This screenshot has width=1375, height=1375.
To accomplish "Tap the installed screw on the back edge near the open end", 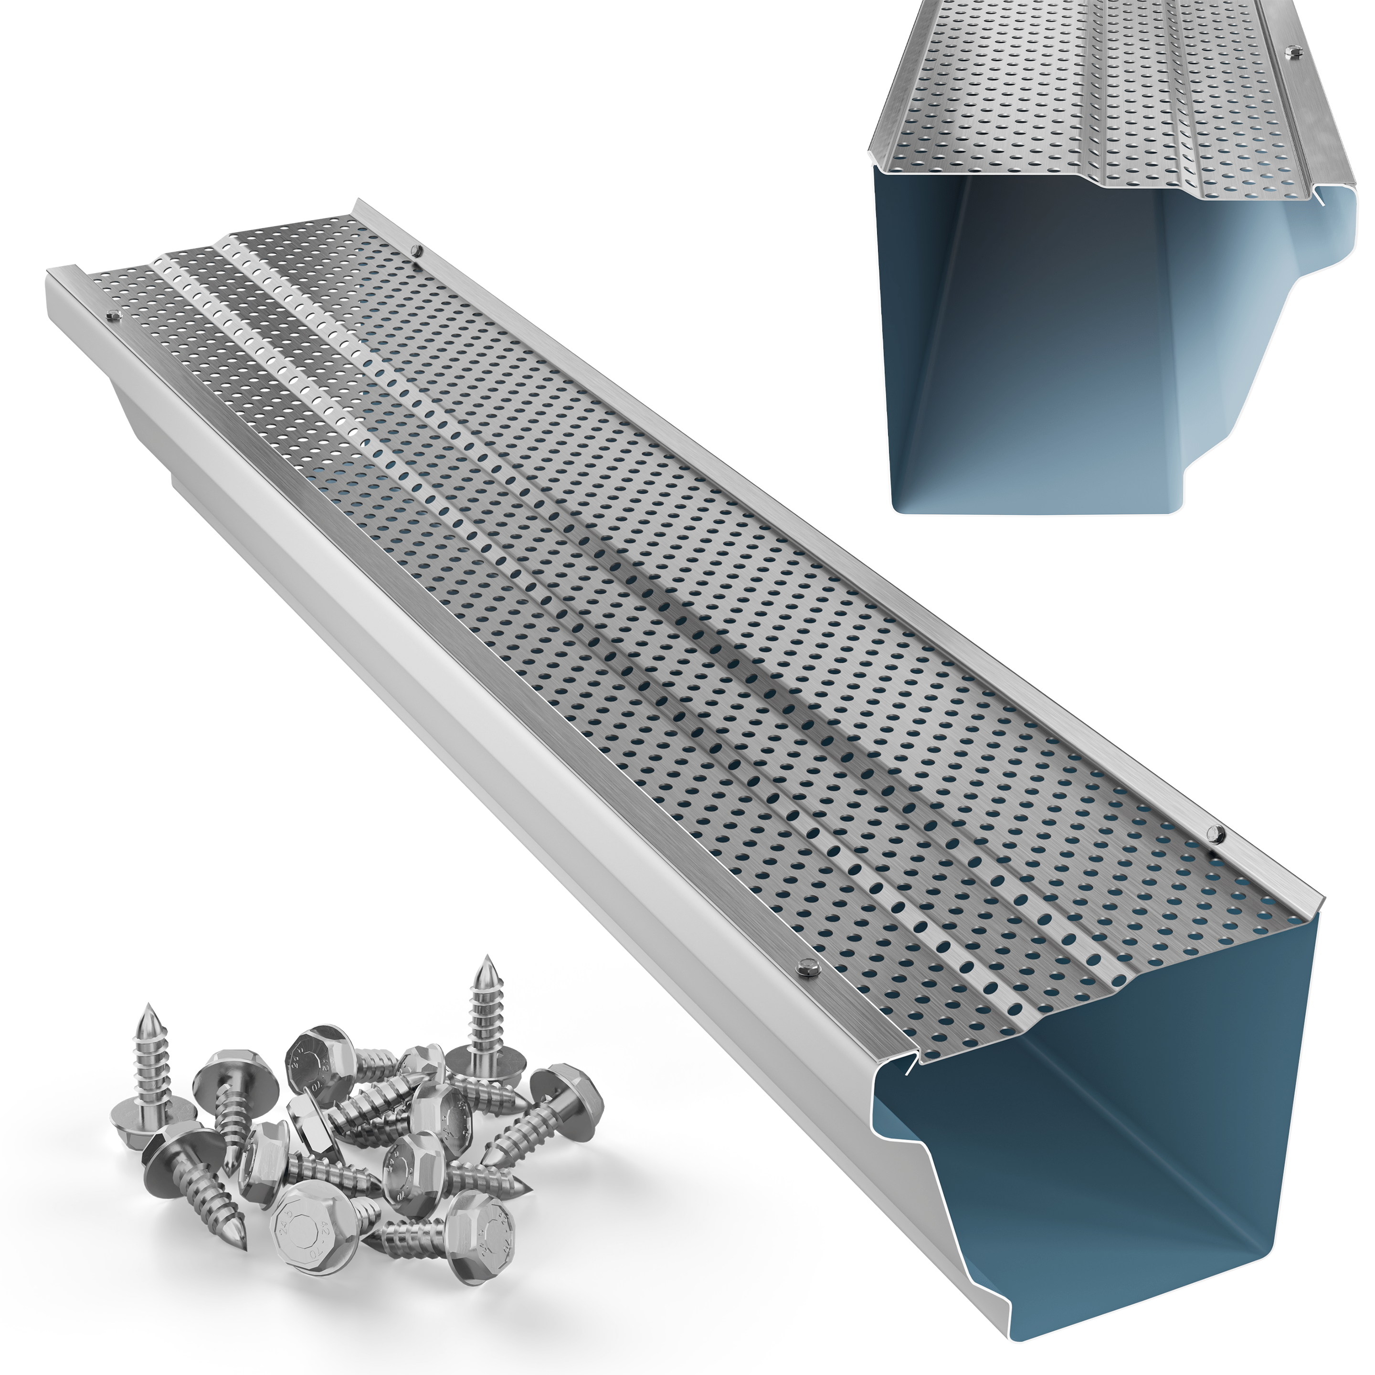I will tap(1216, 832).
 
